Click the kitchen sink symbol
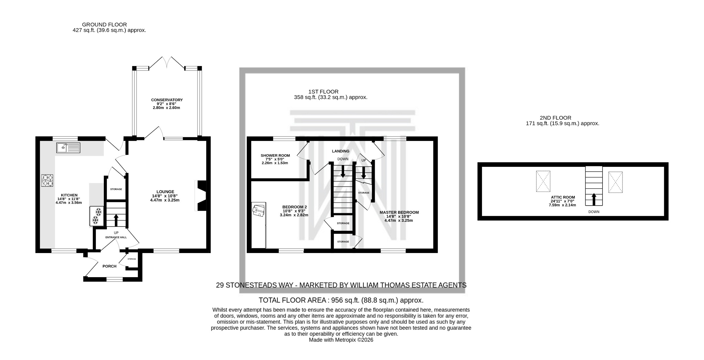coord(68,148)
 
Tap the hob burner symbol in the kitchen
coord(47,181)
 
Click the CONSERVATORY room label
coord(167,100)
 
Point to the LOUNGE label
coord(165,192)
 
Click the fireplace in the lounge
coord(201,196)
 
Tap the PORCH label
coord(109,266)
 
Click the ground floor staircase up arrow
coord(116,219)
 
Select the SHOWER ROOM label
coord(275,155)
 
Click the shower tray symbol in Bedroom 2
coord(258,210)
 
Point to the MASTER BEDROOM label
coord(399,212)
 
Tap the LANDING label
coord(340,151)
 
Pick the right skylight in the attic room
coord(615,182)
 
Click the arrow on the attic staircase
coord(594,199)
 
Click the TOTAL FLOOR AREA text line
coord(341,300)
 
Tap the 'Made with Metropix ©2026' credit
coord(341,340)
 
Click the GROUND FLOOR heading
coord(104,25)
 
